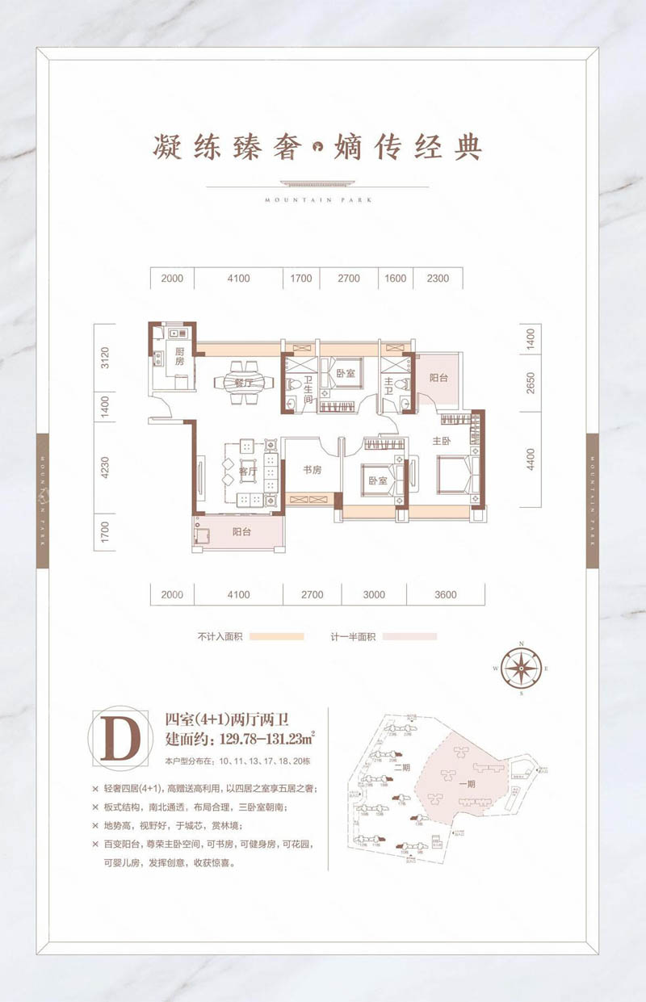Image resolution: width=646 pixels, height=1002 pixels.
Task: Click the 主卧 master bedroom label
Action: tap(443, 441)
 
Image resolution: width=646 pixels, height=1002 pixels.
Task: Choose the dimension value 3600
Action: tap(445, 595)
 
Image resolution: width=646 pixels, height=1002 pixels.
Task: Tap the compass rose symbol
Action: tap(521, 668)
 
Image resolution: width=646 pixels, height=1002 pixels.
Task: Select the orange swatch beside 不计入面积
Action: tap(277, 636)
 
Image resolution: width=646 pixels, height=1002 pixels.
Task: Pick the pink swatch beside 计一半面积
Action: tap(410, 636)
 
